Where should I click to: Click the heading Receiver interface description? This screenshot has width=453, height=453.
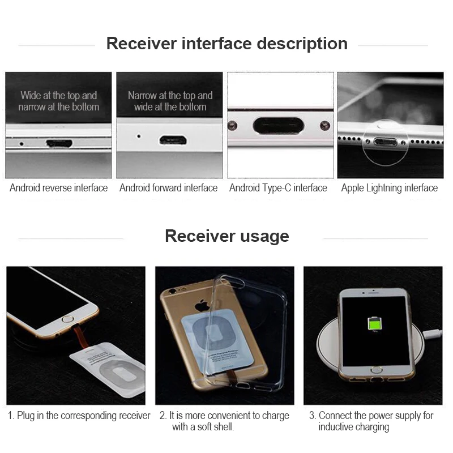tap(226, 44)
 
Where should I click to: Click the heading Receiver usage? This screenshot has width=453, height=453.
tap(226, 236)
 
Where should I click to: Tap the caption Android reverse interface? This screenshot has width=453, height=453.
tap(58, 188)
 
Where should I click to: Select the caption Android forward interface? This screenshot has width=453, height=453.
tap(168, 188)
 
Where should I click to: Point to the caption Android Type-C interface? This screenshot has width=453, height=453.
tap(278, 188)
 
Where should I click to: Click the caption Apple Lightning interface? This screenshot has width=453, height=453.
tap(389, 188)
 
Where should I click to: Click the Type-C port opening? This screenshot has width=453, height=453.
tap(278, 125)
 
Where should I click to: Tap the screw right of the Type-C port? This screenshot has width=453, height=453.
tap(324, 125)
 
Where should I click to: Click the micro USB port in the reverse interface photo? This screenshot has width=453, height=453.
tap(58, 143)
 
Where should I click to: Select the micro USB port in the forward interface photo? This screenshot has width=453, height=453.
tap(169, 139)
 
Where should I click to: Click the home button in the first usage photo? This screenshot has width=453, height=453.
tap(67, 319)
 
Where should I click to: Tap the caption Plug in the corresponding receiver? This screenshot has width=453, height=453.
tap(79, 416)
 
